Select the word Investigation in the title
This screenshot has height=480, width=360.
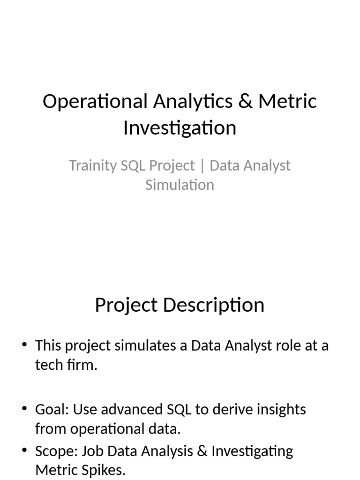click(x=180, y=127)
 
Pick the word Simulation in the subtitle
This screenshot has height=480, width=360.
click(x=180, y=185)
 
